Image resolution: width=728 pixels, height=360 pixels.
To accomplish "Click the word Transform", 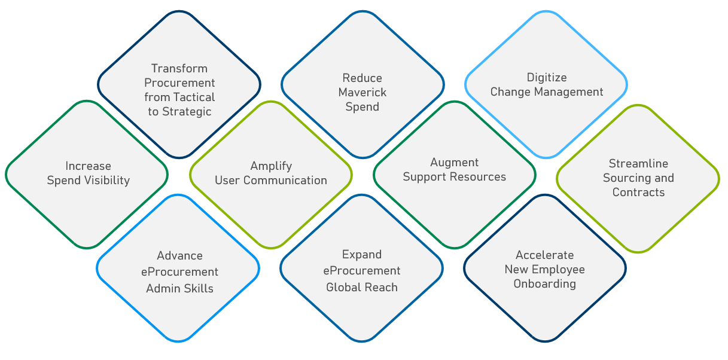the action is tap(179, 69).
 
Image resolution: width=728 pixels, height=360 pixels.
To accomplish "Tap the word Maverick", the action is tap(363, 93).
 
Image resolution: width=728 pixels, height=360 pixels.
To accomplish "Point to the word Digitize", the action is tap(547, 78).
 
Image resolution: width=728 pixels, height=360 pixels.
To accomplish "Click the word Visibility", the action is tap(106, 181).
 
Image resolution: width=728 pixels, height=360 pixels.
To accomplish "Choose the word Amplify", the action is tap(271, 166).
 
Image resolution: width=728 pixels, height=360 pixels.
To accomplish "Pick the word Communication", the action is tap(285, 181).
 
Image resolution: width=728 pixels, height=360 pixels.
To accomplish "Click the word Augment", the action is tap(455, 163).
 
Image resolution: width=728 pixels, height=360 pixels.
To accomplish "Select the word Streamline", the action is tap(638, 163).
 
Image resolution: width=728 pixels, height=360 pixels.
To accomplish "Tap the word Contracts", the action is tap(638, 193).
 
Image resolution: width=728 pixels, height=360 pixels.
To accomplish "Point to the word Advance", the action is tap(179, 256).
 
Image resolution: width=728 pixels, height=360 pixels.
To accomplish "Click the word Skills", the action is tap(197, 288).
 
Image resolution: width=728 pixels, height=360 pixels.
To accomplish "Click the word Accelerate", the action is tap(545, 255).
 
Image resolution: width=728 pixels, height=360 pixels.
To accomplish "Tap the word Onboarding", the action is tap(545, 284).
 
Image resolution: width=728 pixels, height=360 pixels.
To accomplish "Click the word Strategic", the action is tap(187, 112).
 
